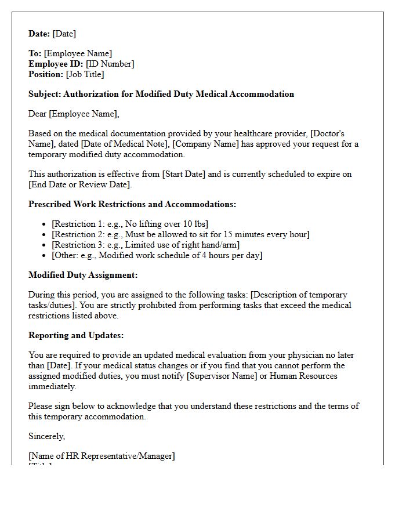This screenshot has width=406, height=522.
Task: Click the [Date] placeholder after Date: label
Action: [64, 34]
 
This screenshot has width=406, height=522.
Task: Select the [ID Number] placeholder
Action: [110, 64]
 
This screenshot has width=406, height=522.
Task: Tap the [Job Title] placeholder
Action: [85, 74]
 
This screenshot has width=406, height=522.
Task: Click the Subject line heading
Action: [161, 94]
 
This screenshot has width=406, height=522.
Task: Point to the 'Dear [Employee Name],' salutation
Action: [74, 114]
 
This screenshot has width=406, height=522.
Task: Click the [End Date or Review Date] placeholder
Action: [80, 184]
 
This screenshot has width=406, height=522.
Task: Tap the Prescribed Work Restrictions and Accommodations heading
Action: [132, 204]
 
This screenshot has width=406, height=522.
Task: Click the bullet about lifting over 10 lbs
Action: [130, 224]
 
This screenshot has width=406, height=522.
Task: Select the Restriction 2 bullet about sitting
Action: [180, 234]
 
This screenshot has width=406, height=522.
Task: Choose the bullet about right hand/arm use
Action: [146, 245]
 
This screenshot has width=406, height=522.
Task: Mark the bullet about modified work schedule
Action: [157, 255]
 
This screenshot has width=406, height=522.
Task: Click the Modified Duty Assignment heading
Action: [83, 275]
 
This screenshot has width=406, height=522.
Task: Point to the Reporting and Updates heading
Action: [76, 335]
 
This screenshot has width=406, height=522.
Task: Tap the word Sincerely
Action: [47, 436]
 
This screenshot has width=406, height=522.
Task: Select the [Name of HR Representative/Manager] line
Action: [101, 456]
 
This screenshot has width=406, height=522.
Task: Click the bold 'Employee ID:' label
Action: [56, 64]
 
